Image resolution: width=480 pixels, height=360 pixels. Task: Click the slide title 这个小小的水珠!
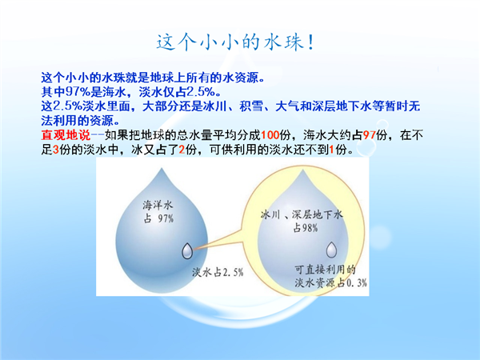(235, 42)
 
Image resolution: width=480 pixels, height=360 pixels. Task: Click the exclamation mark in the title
(310, 42)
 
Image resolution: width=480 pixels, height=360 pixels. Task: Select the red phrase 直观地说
(66, 134)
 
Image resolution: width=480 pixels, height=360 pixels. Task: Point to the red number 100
(270, 134)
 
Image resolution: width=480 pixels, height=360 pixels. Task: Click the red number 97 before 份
(370, 134)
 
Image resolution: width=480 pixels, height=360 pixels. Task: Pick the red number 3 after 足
(56, 150)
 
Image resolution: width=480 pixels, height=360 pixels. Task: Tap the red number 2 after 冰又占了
(182, 150)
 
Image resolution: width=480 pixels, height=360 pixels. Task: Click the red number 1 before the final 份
(331, 150)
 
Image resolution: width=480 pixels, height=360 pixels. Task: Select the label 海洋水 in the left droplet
(158, 205)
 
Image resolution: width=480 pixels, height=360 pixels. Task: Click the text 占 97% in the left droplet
(158, 218)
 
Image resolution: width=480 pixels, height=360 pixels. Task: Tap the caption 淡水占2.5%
(218, 272)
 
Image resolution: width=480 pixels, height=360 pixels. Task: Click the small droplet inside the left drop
(187, 250)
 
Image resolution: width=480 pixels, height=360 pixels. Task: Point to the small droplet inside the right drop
(331, 250)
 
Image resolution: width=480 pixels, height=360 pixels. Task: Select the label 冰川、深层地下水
(302, 214)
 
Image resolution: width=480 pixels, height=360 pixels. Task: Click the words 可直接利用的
(325, 270)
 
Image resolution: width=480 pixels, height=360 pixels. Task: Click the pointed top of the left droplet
(162, 168)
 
